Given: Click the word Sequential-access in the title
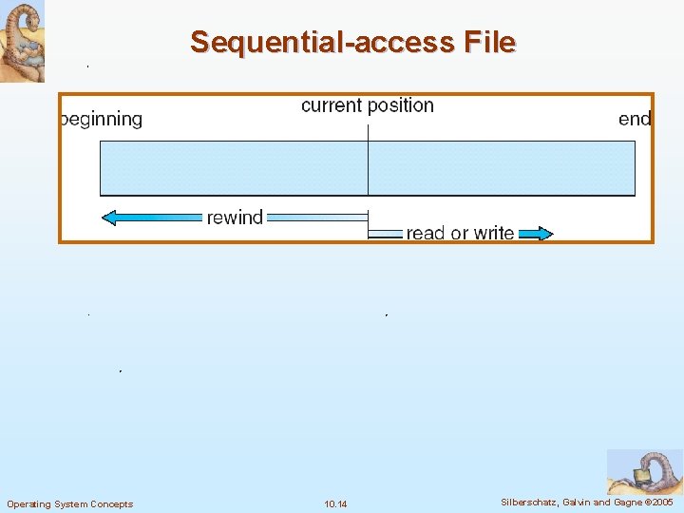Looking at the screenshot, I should (x=323, y=43).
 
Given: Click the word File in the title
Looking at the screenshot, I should (x=490, y=43).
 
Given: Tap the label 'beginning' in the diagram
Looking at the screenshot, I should (x=102, y=120).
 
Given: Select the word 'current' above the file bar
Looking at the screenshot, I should (x=332, y=105).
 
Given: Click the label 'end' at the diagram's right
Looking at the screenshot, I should (x=635, y=120).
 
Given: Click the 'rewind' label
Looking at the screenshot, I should (x=235, y=218).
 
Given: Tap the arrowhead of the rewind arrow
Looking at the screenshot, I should (x=109, y=218).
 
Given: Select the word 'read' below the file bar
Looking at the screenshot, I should (x=425, y=233).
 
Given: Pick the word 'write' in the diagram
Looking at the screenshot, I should (x=493, y=233).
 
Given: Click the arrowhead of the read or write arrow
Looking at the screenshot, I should (x=542, y=233).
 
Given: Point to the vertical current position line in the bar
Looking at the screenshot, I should (x=368, y=168).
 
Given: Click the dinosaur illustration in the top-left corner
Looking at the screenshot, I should (x=22, y=41).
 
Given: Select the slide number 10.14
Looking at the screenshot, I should (x=335, y=503).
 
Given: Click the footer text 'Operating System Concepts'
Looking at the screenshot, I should (x=70, y=503).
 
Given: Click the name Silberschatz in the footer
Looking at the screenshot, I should (x=530, y=503).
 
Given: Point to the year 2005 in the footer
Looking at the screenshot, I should (x=661, y=503).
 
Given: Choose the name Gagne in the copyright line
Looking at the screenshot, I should (x=627, y=503).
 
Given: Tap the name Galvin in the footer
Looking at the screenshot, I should (x=579, y=503).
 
